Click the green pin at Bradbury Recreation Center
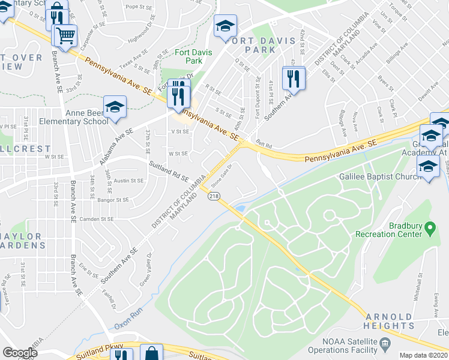[429, 228]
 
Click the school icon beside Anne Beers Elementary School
[115, 107]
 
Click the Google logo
[20, 353]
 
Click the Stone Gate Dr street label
[221, 172]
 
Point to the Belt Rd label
[264, 145]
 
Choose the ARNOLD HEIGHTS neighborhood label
[388, 321]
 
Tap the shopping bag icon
[152, 353]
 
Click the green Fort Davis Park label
[188, 56]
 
